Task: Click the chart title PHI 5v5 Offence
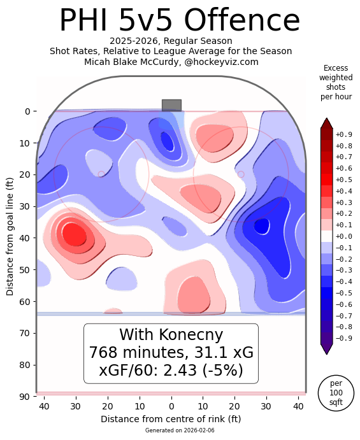[179, 21]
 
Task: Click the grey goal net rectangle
[171, 105]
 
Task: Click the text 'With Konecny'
[171, 335]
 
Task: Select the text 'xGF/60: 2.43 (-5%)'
[171, 370]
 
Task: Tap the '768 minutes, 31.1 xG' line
[171, 353]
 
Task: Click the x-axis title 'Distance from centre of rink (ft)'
[171, 419]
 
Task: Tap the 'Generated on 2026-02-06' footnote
[171, 431]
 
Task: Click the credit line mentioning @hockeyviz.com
[171, 62]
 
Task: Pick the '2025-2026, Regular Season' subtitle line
[171, 41]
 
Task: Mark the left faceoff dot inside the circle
[101, 174]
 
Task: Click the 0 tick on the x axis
[171, 406]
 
